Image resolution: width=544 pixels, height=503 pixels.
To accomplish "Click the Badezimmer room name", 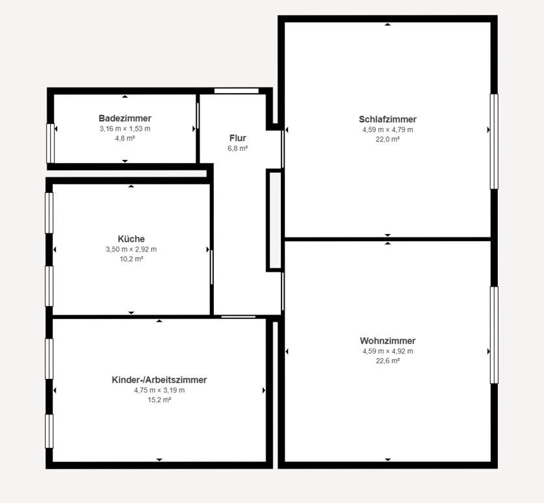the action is [125, 118].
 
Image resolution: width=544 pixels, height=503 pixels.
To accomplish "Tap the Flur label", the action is [238, 138].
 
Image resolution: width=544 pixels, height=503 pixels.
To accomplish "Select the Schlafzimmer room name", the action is [387, 120].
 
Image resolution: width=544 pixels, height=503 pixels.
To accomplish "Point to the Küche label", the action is [131, 239].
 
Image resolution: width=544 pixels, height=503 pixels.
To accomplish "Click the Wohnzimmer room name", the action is [387, 341].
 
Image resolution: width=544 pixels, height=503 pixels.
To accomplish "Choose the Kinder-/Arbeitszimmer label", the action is [159, 380].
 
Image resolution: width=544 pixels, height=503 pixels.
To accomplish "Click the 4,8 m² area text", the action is [125, 138].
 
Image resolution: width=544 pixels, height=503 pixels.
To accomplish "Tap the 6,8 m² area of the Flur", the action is [238, 148].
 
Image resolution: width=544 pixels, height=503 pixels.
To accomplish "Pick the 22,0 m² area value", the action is [387, 139].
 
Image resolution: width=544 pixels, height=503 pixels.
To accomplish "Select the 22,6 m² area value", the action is [387, 361].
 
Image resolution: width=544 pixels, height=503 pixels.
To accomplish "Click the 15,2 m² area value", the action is [159, 400].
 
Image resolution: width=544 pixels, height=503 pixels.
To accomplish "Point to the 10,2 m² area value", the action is [131, 259].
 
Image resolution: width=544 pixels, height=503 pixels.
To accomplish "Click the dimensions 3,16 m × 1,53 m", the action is [125, 129].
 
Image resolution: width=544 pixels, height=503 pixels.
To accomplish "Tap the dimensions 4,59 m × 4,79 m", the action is [387, 130].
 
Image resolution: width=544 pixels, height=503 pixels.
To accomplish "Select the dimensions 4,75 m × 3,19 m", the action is [159, 391].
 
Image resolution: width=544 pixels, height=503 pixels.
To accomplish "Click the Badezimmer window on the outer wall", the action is [51, 143].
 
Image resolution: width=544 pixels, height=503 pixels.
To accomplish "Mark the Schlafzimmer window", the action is [494, 141].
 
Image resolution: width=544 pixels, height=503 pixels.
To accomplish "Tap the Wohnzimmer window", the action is [494, 335].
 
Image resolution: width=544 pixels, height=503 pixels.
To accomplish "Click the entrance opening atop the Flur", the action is [237, 91].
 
